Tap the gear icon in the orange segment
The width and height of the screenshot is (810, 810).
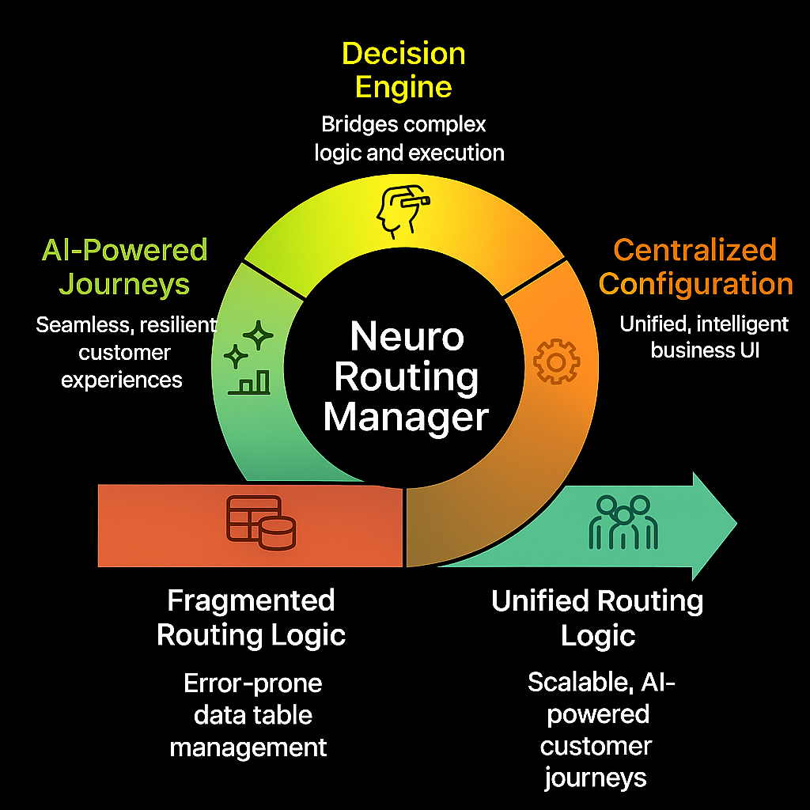[x=556, y=361]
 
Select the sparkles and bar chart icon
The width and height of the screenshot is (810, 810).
[x=248, y=361]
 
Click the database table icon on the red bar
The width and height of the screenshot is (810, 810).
[x=261, y=523]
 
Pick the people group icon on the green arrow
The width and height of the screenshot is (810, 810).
[x=623, y=523]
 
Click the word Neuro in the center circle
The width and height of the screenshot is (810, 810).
[x=407, y=337]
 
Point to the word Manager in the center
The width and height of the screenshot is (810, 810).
[x=406, y=416]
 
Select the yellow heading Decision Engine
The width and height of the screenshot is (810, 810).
[x=403, y=70]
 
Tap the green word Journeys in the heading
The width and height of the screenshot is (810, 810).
[x=124, y=283]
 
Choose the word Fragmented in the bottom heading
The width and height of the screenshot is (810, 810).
[x=251, y=600]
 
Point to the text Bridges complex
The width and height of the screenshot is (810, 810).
[x=403, y=124]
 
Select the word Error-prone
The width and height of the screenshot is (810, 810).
[x=253, y=683]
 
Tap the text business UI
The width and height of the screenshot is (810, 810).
[x=704, y=350]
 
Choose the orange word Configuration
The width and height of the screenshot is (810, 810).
[x=696, y=283]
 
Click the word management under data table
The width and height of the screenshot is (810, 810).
[x=248, y=747]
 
